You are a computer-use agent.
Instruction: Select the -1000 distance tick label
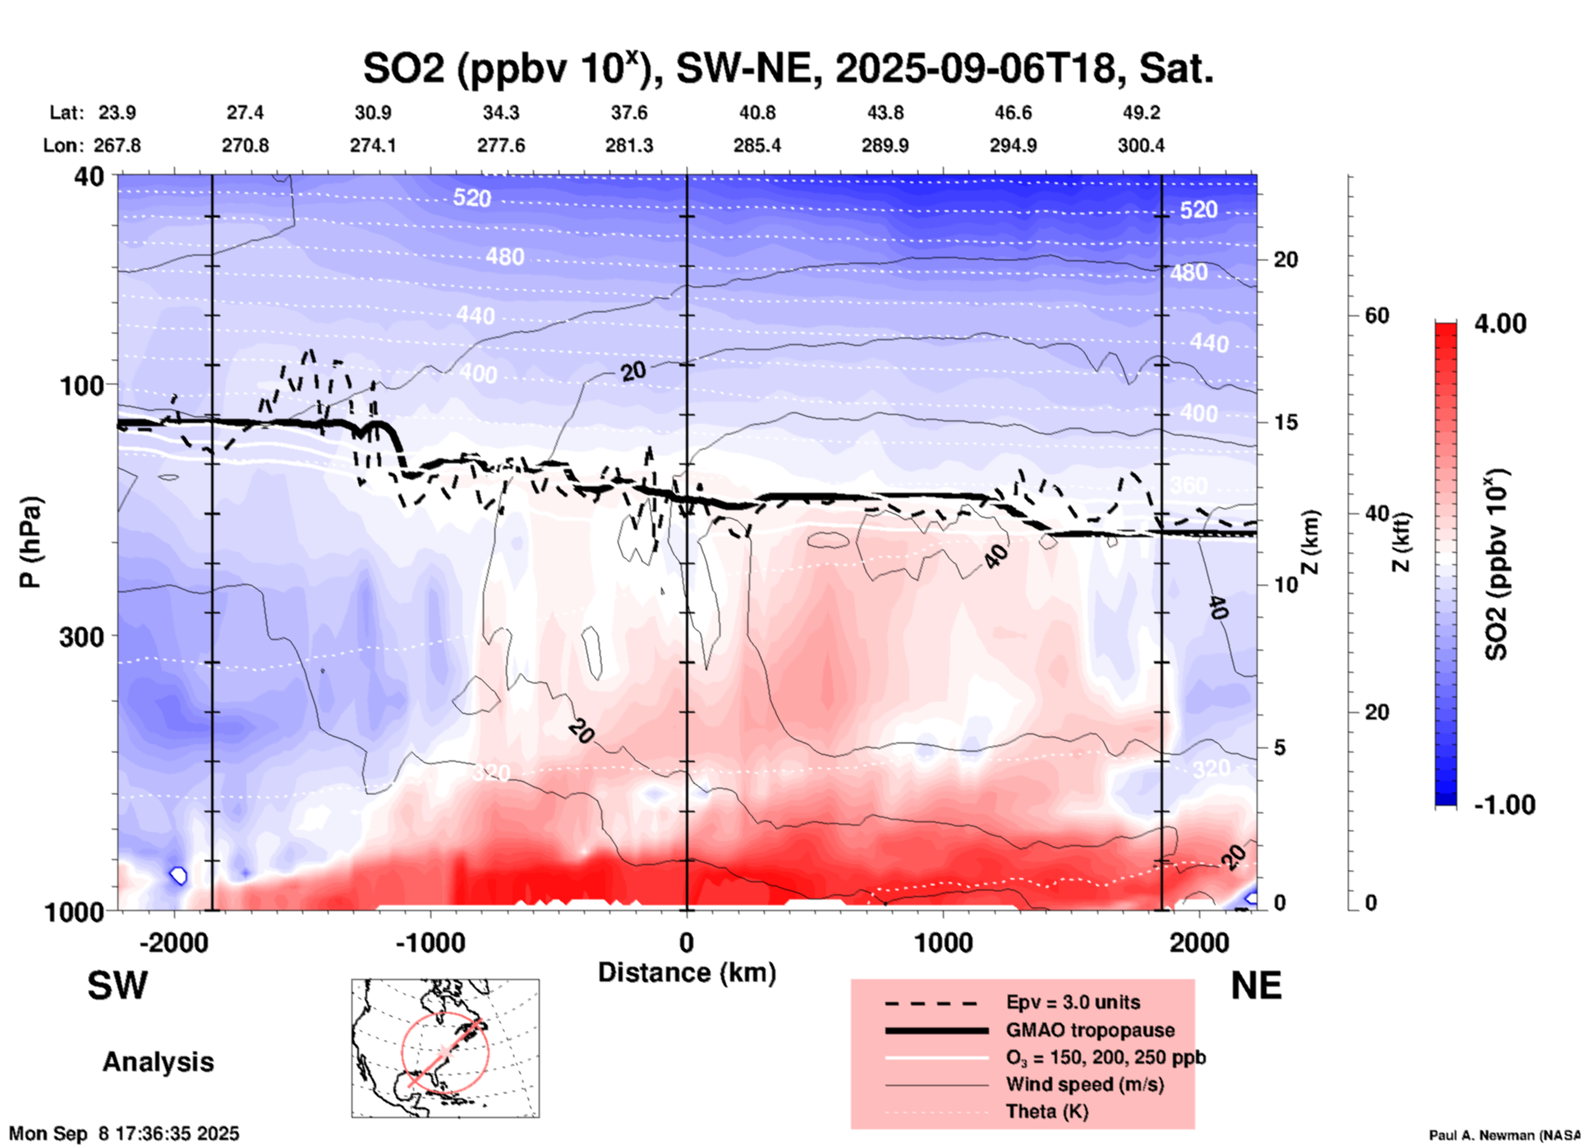(430, 942)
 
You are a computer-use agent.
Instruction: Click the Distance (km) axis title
(687, 973)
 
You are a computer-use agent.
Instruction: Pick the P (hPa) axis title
(30, 542)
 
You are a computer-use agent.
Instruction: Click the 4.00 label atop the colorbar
(1500, 324)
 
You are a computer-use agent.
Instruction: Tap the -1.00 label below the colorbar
(1504, 805)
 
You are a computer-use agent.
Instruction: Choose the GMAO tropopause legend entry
(1090, 1030)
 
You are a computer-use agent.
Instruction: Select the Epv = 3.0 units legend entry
(1073, 1002)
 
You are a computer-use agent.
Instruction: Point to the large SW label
(117, 986)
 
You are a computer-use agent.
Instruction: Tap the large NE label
(1256, 986)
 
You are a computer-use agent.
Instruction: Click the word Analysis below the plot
(158, 1062)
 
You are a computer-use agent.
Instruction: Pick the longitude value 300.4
(1140, 145)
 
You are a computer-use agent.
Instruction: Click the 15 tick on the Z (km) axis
(1285, 422)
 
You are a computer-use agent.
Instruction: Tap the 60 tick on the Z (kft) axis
(1377, 316)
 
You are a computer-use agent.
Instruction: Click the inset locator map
(445, 1048)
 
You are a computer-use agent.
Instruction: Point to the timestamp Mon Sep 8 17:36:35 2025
(124, 1134)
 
